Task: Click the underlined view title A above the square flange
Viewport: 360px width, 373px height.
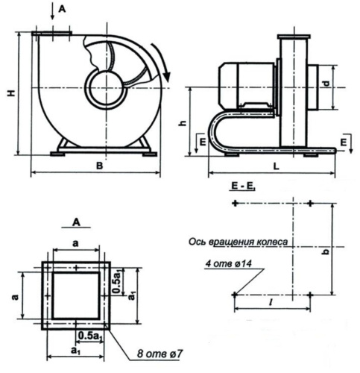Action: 76,222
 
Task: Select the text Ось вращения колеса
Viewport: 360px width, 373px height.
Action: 233,242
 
